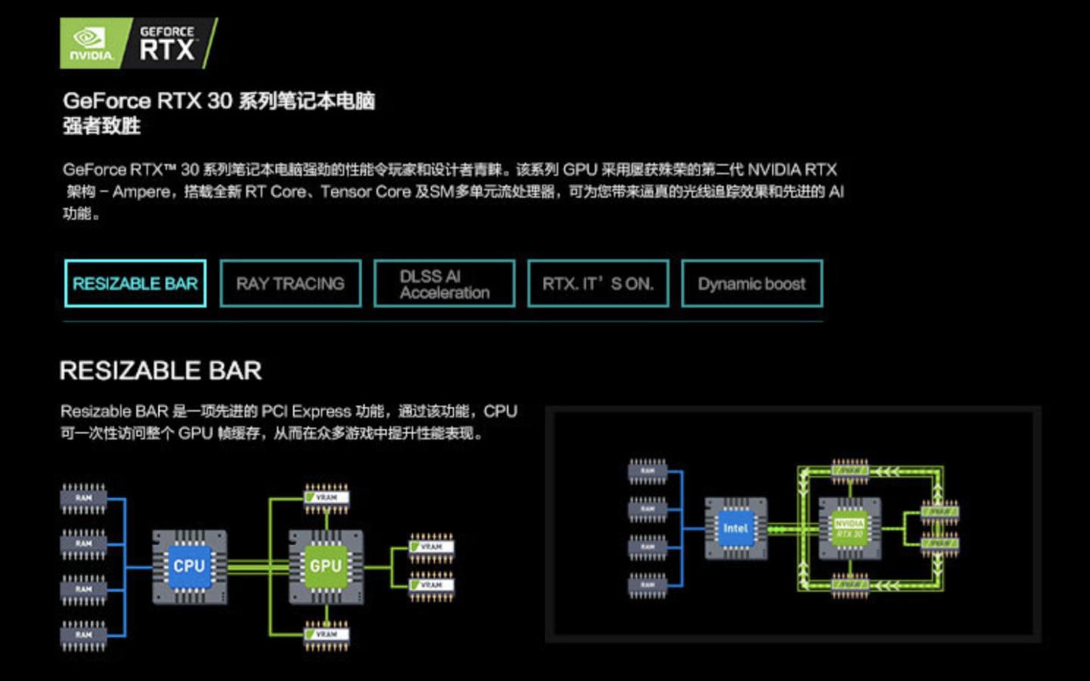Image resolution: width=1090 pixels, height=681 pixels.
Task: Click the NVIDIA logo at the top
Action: click(90, 43)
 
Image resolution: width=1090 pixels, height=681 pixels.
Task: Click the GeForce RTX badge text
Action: click(167, 43)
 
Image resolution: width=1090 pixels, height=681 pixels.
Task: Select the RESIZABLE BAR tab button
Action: click(135, 284)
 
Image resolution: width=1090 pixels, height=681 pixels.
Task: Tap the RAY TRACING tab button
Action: click(290, 284)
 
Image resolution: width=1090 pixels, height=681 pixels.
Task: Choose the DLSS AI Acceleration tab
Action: click(444, 284)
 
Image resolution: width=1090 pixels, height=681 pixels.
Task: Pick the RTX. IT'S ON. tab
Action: click(598, 284)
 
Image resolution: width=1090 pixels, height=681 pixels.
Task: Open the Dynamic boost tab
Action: click(752, 284)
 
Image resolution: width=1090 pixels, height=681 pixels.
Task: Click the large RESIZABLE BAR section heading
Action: click(160, 371)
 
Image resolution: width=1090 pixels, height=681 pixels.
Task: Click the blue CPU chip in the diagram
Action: click(189, 566)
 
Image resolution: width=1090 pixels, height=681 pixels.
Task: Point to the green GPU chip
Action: click(325, 566)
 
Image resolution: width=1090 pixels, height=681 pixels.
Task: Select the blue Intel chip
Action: click(735, 528)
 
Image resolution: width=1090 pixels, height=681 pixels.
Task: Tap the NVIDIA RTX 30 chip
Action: click(849, 528)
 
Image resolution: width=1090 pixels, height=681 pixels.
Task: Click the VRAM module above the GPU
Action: click(326, 497)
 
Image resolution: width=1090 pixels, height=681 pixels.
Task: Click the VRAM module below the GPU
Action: click(326, 634)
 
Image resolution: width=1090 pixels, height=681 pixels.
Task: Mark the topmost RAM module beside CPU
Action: click(83, 498)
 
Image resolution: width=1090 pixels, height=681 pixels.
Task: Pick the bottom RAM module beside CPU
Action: click(83, 635)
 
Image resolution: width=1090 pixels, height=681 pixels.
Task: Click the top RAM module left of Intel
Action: click(648, 471)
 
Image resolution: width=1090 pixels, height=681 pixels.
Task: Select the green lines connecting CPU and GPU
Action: click(257, 566)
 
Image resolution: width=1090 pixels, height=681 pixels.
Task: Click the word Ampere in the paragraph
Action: click(141, 191)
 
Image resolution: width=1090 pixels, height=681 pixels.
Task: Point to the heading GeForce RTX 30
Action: click(148, 101)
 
